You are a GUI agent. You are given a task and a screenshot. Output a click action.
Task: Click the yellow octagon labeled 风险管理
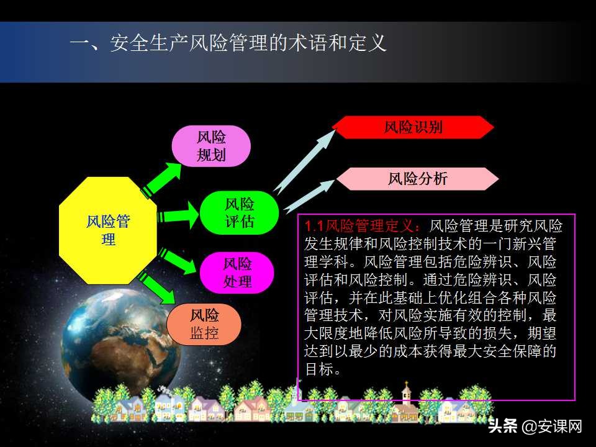pyautogui.click(x=108, y=230)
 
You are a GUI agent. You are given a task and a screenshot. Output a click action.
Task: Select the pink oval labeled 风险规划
pyautogui.click(x=211, y=146)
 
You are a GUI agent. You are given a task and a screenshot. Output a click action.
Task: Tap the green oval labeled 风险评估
pyautogui.click(x=239, y=212)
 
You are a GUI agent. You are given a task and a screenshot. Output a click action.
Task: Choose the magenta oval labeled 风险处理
pyautogui.click(x=237, y=273)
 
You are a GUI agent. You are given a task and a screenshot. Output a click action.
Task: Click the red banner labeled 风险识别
pyautogui.click(x=413, y=127)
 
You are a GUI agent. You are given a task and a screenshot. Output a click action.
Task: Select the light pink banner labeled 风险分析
pyautogui.click(x=417, y=179)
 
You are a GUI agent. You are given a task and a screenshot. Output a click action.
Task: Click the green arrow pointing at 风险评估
pyautogui.click(x=176, y=215)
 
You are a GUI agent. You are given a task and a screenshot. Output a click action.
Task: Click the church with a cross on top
pyautogui.click(x=407, y=400)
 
